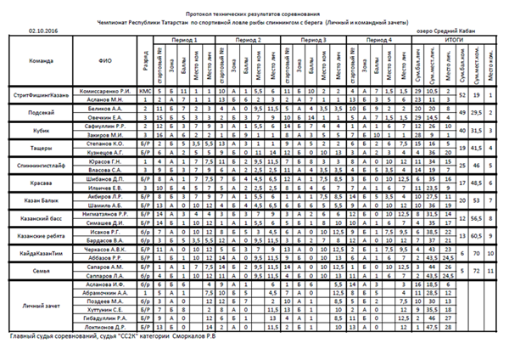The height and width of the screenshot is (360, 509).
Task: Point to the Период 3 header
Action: pos(313,40)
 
